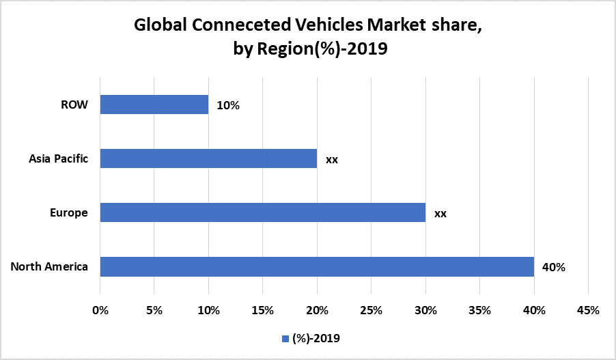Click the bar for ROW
coord(154,105)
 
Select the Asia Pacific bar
coord(208,158)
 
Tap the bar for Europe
coord(263,212)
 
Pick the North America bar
coord(317,266)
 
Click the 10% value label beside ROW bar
coord(228,105)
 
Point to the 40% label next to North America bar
coord(554,267)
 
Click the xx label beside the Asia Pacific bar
coord(332,159)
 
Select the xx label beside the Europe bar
coord(440,213)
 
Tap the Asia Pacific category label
coord(58,158)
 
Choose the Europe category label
coord(69,212)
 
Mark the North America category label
coord(49,266)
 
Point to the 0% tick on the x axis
coord(100,310)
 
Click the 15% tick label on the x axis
coord(263,310)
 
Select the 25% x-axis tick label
coord(372,310)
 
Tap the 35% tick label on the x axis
coord(480,310)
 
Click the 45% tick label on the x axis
coord(588,310)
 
